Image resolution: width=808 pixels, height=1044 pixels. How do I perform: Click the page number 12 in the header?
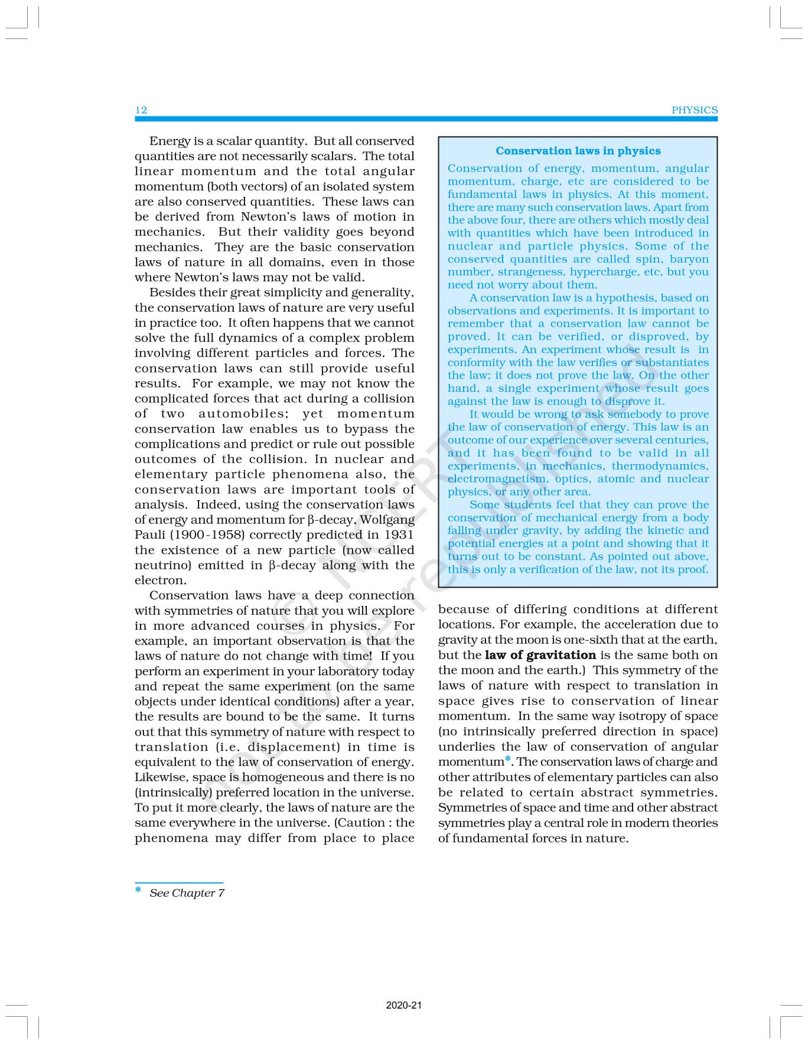(141, 110)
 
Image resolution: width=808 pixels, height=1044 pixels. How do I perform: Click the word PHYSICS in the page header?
(695, 110)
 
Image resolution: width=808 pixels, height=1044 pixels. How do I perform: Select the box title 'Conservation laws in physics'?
(578, 151)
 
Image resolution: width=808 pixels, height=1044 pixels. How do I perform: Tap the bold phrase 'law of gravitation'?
(540, 655)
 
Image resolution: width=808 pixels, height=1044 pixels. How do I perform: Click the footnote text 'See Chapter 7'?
(187, 893)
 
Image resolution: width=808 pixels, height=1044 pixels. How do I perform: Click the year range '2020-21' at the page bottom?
(403, 1005)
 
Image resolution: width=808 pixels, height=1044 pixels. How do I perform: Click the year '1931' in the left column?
(399, 535)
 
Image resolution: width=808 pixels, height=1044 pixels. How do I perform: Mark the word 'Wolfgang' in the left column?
(387, 520)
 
